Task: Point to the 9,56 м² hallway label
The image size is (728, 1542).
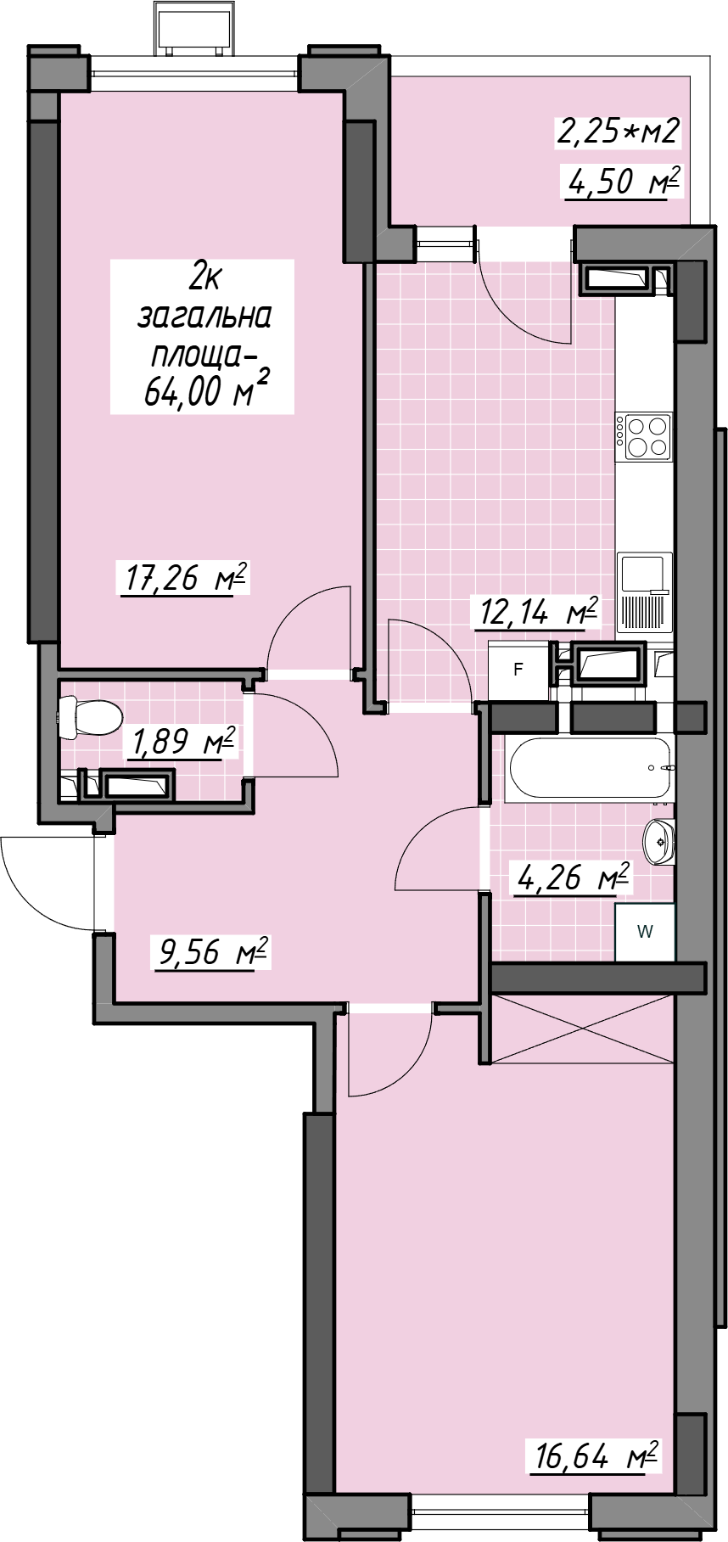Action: coord(213,951)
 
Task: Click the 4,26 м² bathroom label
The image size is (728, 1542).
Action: coord(574,877)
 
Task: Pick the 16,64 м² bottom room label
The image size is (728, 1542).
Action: coord(596,1456)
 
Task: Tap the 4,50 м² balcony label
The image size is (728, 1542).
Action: coord(624,181)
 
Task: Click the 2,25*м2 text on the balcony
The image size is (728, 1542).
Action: coord(619,131)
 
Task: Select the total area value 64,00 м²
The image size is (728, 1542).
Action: coord(206,390)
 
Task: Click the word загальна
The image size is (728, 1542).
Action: coord(204,316)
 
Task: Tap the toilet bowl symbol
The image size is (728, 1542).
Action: coord(90,715)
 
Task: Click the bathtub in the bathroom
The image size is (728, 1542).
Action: coord(590,768)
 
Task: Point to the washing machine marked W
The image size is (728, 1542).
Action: coord(645,932)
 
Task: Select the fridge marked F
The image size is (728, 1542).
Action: coord(518,670)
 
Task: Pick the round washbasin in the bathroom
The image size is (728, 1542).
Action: coord(658,841)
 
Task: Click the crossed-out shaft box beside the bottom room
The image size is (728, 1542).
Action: coord(584,1027)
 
